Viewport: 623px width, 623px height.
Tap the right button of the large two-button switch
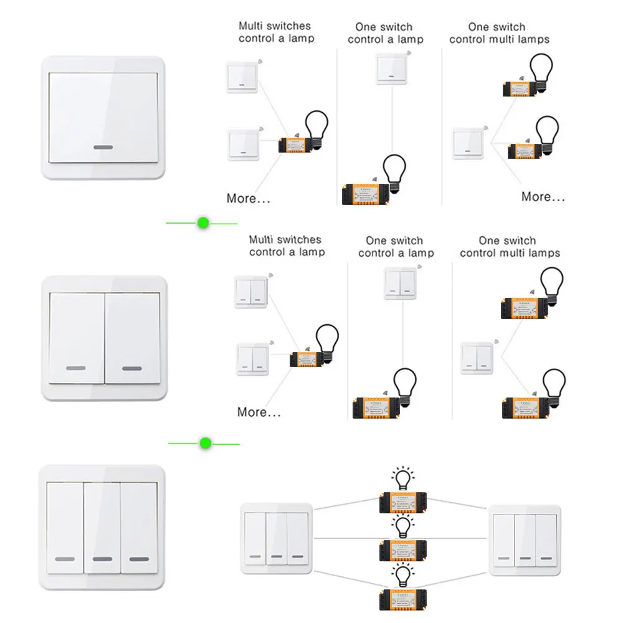point(132,336)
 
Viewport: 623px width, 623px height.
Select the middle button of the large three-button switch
point(102,527)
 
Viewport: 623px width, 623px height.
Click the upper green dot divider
point(202,222)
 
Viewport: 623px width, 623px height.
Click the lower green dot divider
point(205,444)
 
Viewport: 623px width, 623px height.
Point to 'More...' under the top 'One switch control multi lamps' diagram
point(543,196)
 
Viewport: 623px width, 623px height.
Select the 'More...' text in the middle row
point(259,412)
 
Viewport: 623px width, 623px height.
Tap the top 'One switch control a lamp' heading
point(385,33)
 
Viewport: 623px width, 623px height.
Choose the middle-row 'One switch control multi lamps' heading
point(510,247)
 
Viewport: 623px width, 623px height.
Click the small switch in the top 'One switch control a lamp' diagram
point(391,69)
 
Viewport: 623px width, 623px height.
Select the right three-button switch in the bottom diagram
point(526,540)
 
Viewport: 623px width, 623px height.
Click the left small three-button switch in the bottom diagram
point(276,539)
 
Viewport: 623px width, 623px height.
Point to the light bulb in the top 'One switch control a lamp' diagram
point(394,170)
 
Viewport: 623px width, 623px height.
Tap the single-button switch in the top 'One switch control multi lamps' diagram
point(468,143)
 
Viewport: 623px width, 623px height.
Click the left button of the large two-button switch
point(76,336)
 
